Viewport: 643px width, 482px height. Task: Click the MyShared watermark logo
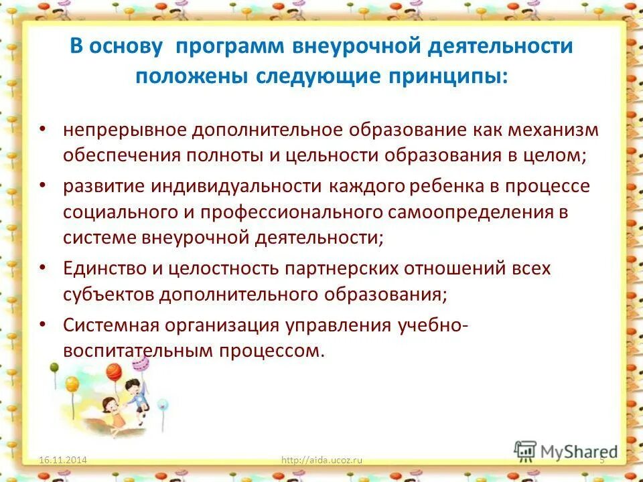566,451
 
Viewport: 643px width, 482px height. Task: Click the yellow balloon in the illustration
72,384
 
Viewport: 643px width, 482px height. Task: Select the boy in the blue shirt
139,396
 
